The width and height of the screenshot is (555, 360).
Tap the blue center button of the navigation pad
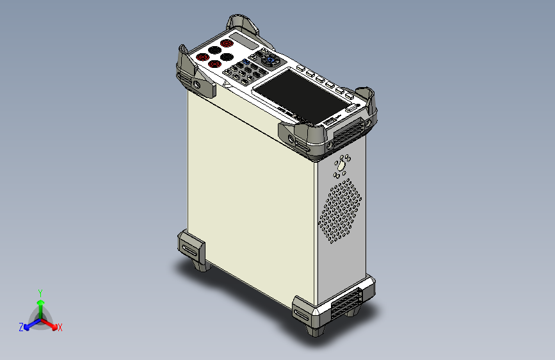pyautogui.click(x=270, y=61)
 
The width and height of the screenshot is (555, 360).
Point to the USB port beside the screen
pyautogui.click(x=330, y=120)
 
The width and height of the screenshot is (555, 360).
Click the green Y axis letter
pyautogui.click(x=40, y=291)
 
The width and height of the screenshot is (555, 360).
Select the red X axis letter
pyautogui.click(x=60, y=327)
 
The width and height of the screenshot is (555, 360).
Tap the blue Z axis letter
pyautogui.click(x=21, y=327)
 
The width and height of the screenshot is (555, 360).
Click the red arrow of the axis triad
pyautogui.click(x=52, y=324)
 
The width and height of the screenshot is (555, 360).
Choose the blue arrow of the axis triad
pyautogui.click(x=29, y=324)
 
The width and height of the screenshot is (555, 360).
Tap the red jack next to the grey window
pyautogui.click(x=227, y=44)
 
